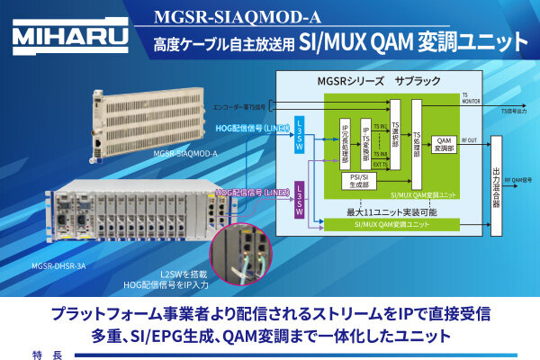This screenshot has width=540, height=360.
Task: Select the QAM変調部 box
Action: point(444,144)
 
